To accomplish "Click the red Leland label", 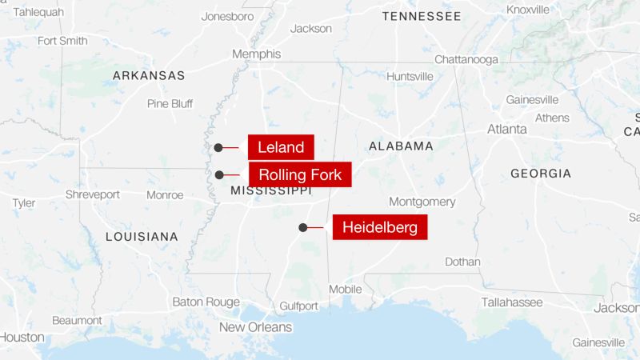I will tap(280, 147).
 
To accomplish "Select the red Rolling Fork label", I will tap(300, 174).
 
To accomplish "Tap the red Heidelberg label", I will tap(379, 227).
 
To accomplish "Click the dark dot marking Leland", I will tap(218, 147).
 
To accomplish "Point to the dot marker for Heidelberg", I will tap(303, 227).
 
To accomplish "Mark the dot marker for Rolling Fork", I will tap(218, 174).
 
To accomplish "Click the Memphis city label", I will tap(256, 54).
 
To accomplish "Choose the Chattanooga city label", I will tap(466, 59).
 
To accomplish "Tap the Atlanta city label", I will tap(507, 129).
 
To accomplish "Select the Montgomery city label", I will tap(422, 202).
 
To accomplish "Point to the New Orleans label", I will tap(255, 327).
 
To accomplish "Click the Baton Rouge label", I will tap(206, 302).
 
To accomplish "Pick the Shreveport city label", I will tap(92, 194).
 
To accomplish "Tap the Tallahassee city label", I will tap(511, 302).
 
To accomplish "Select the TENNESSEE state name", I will tap(421, 16).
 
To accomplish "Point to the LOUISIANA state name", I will tap(142, 237).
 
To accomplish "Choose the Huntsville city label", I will tap(410, 76).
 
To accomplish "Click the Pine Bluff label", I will tap(170, 103).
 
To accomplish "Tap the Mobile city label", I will tap(345, 289).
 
